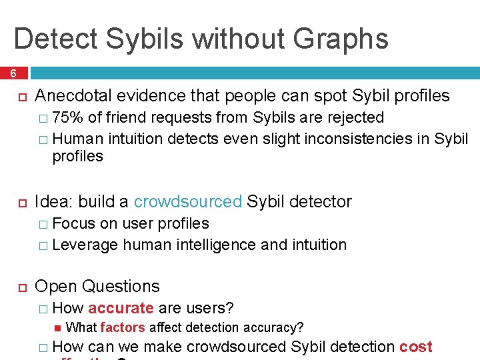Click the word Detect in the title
(55, 38)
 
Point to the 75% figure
(67, 118)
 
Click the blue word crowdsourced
(187, 201)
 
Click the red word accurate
(121, 308)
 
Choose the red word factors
(123, 327)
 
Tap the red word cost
(416, 347)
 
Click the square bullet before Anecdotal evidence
(21, 97)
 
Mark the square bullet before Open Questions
(21, 287)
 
